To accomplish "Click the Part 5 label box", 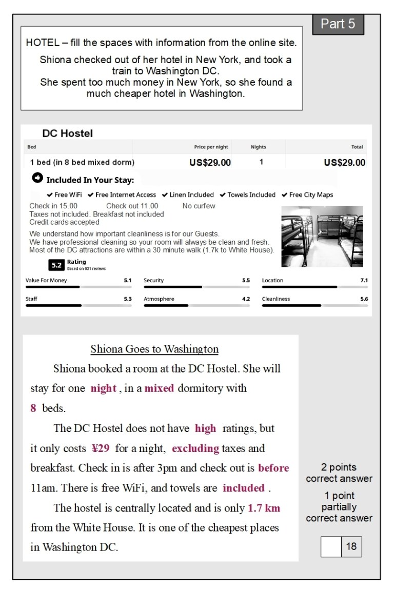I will [338, 24].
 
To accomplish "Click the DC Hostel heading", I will [67, 133].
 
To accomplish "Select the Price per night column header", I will [211, 147].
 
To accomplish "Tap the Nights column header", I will [259, 147].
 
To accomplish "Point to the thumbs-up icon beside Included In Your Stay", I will [37, 179].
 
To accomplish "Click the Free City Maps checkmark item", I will [307, 195].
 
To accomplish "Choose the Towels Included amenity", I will [248, 195].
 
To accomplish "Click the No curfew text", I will [199, 206].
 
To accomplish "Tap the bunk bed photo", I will [322, 236].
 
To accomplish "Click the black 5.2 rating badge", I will [56, 265].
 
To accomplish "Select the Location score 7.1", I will [364, 281].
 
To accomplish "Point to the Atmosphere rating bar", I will [196, 305].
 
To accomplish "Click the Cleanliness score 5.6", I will [364, 299].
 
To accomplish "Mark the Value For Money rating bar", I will [78, 287].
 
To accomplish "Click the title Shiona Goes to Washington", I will [154, 349].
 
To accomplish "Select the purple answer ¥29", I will [101, 448].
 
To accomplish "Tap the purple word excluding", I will [195, 448].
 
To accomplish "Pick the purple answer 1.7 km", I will [264, 508].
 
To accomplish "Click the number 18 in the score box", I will [351, 546].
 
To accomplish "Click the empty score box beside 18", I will [331, 546].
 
